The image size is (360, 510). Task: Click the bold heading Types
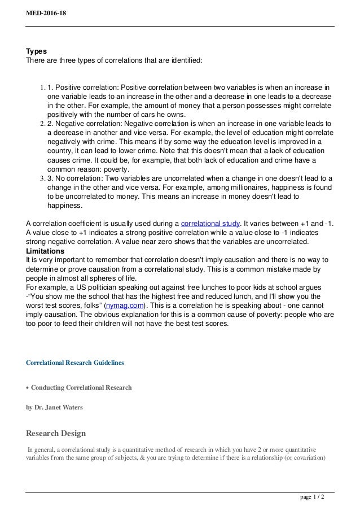click(x=37, y=50)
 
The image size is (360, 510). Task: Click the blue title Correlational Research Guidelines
click(x=75, y=362)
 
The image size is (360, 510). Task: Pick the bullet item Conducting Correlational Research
click(x=81, y=387)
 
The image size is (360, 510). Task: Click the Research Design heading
click(x=56, y=433)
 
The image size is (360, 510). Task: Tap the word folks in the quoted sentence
click(x=85, y=305)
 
